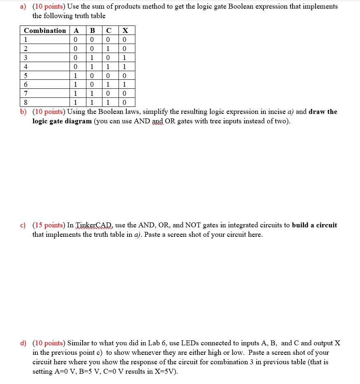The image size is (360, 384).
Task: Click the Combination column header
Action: pos(44,30)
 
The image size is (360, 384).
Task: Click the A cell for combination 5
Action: pos(75,76)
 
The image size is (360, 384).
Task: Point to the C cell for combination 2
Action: pos(108,49)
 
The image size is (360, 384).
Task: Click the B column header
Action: pos(92,30)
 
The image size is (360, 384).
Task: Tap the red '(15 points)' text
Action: pos(49,225)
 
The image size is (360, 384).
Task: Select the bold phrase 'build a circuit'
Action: pos(314,225)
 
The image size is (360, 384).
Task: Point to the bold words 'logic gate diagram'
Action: pos(62,121)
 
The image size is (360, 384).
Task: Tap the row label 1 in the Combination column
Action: pos(26,39)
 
